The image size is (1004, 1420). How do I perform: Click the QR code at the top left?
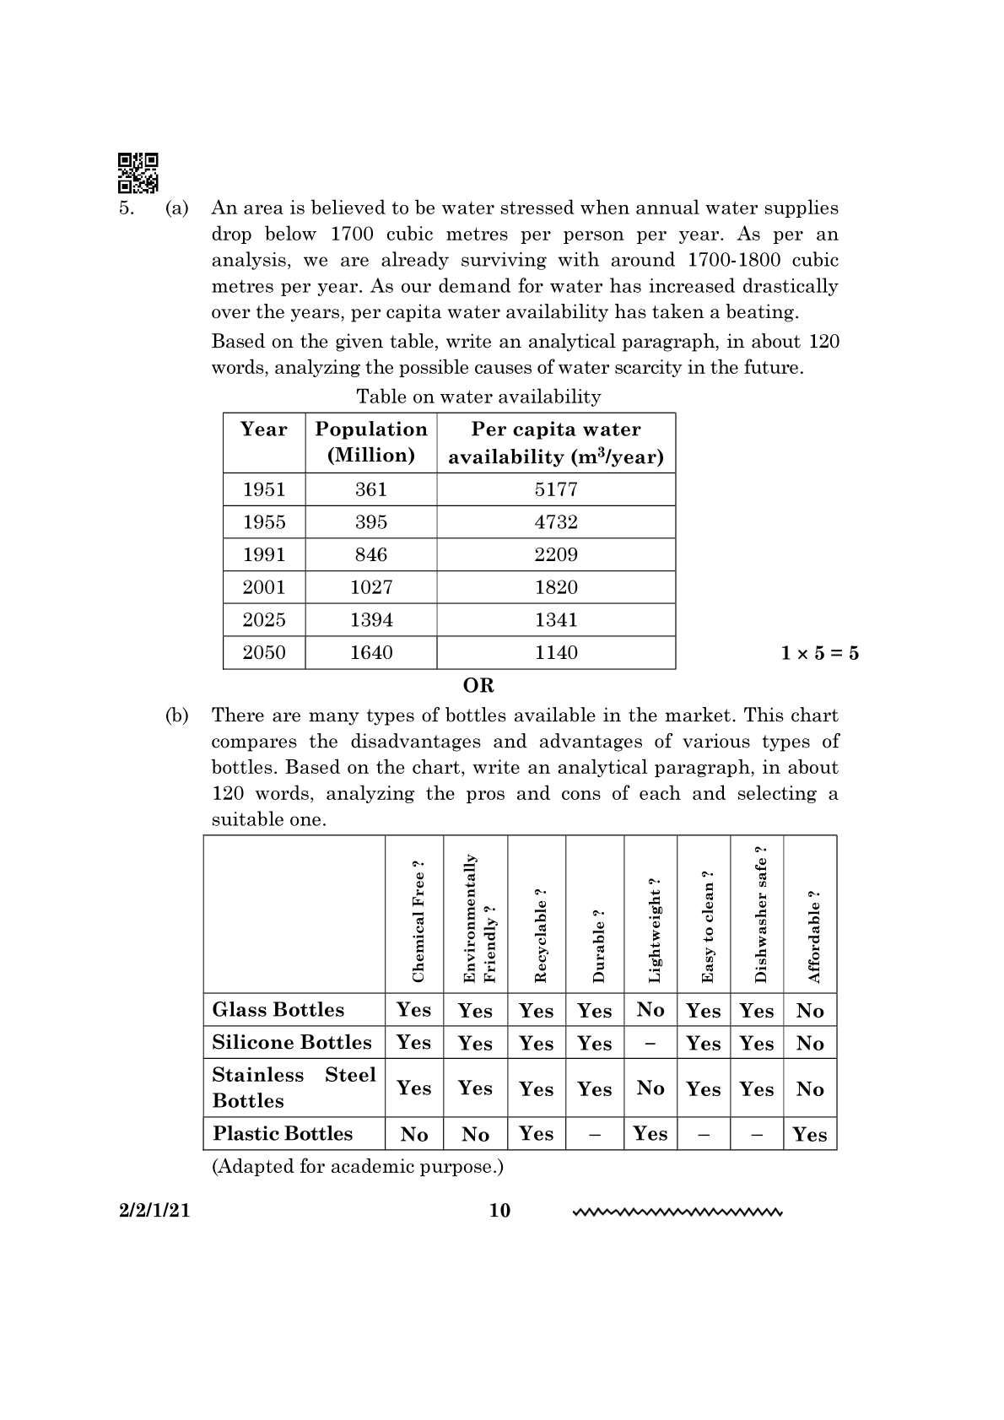tap(138, 173)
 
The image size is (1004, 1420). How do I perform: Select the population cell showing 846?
tap(371, 554)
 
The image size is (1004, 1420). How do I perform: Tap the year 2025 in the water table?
tap(264, 620)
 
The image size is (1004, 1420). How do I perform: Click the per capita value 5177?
tap(556, 489)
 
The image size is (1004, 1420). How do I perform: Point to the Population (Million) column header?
tap(371, 442)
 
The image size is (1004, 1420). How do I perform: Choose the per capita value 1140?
tap(556, 652)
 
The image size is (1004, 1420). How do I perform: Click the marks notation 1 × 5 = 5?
tap(819, 653)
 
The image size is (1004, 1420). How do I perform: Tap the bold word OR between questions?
tap(478, 685)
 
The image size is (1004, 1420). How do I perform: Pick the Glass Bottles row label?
tap(278, 1010)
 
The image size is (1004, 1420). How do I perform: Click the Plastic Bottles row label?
tap(283, 1133)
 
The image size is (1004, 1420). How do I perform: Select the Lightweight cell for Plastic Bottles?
tap(650, 1133)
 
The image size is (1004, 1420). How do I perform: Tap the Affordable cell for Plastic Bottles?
tap(809, 1134)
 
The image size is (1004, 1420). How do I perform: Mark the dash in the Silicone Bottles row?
tap(650, 1044)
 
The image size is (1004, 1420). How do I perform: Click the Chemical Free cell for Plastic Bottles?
tap(413, 1134)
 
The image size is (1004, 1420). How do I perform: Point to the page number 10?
tap(499, 1211)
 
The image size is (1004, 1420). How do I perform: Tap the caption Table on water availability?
tap(478, 397)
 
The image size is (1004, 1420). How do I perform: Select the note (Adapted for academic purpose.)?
tap(357, 1166)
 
